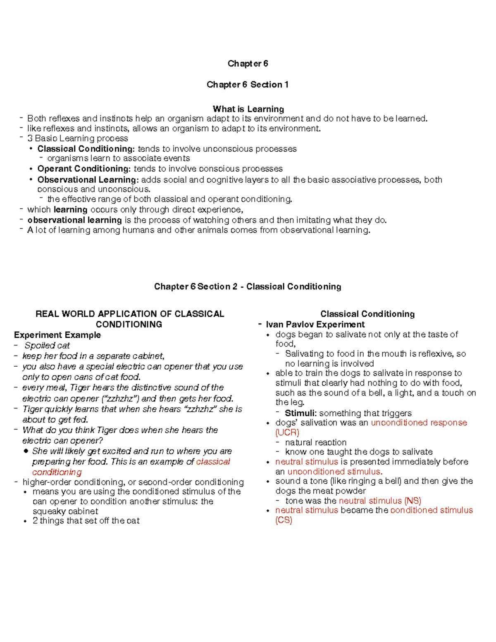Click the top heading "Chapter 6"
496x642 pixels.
tap(248, 64)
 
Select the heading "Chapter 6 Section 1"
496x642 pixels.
tap(248, 85)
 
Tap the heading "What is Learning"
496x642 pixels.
tap(248, 109)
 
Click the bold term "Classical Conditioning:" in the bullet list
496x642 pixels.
tap(86, 149)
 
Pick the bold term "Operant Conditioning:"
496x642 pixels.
tap(84, 169)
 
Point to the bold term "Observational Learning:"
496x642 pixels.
tap(88, 180)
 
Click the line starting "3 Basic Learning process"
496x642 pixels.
tap(77, 138)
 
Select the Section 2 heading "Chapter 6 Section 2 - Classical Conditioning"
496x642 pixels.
tap(248, 286)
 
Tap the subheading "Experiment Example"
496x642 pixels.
tap(57, 335)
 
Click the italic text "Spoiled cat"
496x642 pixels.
tap(47, 346)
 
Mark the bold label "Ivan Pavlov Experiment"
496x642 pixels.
tap(315, 325)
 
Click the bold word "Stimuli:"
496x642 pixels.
tap(301, 413)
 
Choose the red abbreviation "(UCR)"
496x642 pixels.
tap(287, 432)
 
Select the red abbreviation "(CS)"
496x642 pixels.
tap(284, 520)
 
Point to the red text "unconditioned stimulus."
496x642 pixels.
tap(335, 472)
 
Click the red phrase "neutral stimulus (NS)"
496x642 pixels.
tap(380, 501)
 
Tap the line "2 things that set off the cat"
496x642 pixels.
tap(86, 521)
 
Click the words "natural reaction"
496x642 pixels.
tap(316, 442)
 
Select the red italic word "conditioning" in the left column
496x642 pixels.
tap(57, 472)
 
